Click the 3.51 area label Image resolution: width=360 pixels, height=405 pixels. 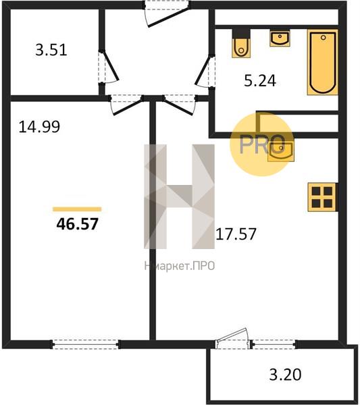(51, 50)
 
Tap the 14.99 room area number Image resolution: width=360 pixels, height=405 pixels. (39, 127)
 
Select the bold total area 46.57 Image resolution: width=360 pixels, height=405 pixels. (77, 223)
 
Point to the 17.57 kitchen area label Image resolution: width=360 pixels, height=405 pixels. (236, 234)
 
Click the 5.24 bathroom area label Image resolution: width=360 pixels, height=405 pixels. (260, 80)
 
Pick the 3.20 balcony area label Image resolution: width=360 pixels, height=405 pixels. (285, 375)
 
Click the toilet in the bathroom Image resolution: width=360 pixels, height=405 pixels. (241, 43)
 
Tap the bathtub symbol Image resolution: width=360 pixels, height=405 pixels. (323, 62)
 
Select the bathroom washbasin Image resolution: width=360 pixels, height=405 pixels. (280, 38)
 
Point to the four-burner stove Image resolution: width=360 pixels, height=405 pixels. (322, 197)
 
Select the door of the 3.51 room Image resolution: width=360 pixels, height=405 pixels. (108, 67)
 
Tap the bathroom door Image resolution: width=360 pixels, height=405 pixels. (205, 70)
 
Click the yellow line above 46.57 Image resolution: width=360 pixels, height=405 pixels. (77, 209)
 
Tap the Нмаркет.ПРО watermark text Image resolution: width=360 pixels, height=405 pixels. (180, 266)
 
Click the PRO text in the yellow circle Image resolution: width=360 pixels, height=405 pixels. (262, 144)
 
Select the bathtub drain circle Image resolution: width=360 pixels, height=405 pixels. (323, 37)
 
